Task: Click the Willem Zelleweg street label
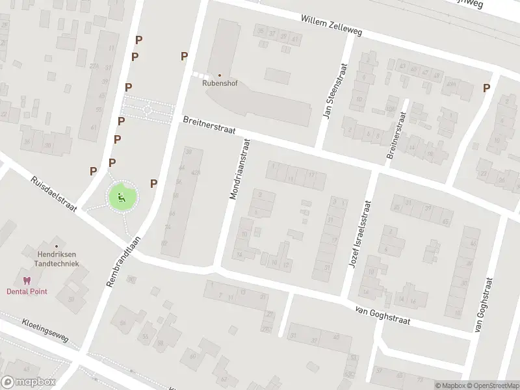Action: coord(331,25)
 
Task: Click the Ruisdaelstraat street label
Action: coord(54,193)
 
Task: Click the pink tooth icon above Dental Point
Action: coord(27,281)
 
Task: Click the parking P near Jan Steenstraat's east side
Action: coord(486,88)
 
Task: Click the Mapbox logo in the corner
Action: coord(29,382)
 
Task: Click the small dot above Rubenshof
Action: coord(219,75)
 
